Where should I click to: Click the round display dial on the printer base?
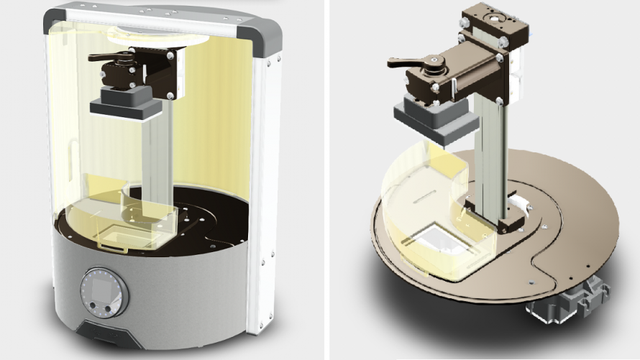(x=104, y=292)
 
